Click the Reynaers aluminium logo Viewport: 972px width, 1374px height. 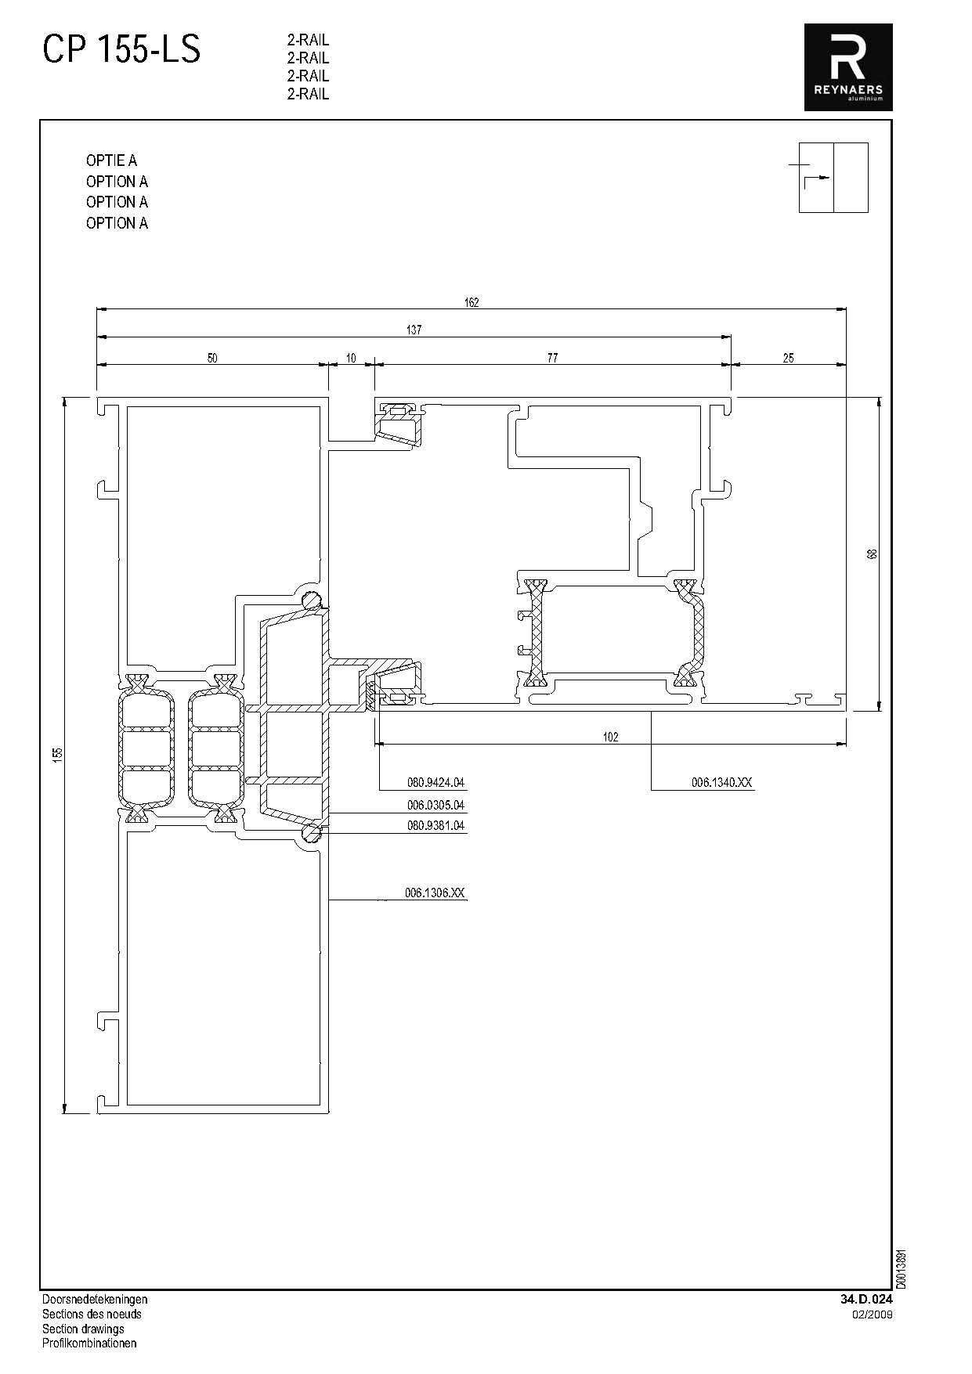[848, 67]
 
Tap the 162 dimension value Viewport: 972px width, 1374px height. [472, 302]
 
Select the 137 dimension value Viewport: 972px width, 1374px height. [414, 330]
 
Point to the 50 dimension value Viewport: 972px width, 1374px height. [212, 359]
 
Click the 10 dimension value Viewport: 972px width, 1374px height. [351, 359]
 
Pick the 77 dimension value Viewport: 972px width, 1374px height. [552, 359]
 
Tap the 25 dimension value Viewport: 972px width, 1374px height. [788, 359]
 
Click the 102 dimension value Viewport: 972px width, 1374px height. [611, 737]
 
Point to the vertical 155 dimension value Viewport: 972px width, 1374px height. [57, 754]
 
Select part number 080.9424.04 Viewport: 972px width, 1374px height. [435, 782]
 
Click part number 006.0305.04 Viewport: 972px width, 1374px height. [435, 805]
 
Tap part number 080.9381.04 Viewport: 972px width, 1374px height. [435, 825]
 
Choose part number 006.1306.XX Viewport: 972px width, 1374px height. [435, 893]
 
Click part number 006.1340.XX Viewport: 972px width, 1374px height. [721, 782]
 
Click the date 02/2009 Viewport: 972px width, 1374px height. [873, 1314]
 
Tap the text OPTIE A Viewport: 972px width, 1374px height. [111, 160]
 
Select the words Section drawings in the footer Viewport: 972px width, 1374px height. [83, 1329]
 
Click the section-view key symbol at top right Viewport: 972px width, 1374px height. [833, 178]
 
